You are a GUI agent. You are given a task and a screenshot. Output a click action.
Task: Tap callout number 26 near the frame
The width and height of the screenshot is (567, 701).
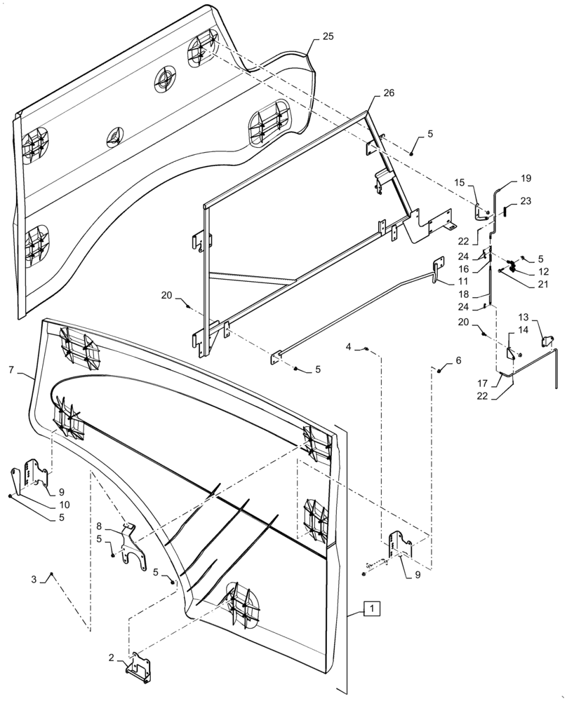[x=389, y=93]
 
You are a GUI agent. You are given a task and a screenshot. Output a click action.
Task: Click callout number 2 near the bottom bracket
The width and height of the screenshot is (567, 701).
[x=110, y=657]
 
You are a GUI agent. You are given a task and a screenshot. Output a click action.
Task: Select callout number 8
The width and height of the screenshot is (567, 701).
[x=99, y=525]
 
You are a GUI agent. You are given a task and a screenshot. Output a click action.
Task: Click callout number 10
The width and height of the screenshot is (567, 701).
[x=64, y=504]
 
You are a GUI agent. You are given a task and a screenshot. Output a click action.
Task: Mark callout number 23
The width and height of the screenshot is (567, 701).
[x=526, y=200]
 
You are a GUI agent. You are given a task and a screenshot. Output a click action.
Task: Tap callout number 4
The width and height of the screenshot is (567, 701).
[x=349, y=347]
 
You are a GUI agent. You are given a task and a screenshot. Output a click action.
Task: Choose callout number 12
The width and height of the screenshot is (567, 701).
[x=544, y=271]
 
